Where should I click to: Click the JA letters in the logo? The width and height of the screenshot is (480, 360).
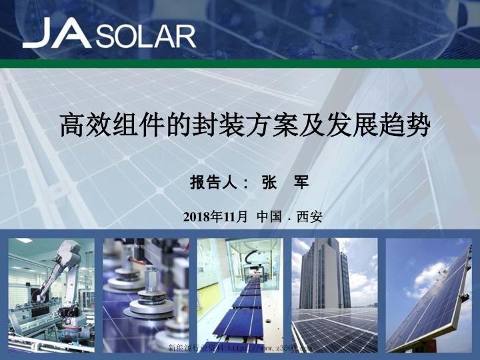click(57, 33)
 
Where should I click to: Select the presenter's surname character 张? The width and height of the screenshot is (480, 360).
click(270, 182)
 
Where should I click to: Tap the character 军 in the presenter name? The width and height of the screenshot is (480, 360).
click(302, 182)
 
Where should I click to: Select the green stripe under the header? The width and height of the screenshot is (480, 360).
click(240, 64)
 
